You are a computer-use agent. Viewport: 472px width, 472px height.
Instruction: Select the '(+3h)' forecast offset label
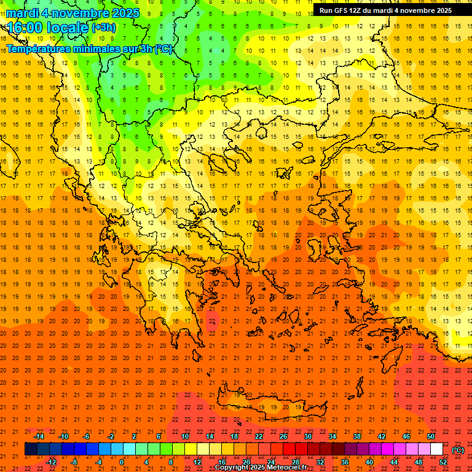coord(103,28)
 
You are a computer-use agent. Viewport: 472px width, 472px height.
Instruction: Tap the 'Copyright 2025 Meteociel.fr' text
coord(261,467)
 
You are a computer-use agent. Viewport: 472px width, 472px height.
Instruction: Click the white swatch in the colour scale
coord(436,449)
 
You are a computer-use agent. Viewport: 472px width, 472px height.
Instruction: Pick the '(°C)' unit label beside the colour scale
coord(458,450)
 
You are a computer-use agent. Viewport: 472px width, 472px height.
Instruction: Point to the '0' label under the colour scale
coord(122,462)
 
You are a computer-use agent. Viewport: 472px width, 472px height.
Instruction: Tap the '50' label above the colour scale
coord(431,436)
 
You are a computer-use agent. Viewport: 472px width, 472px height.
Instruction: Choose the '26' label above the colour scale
coord(283,436)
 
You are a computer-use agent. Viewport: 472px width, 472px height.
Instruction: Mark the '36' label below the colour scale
coord(345,462)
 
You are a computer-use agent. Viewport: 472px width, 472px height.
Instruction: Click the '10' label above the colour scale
coord(185,436)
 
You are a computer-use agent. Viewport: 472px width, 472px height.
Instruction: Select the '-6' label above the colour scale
coord(87,436)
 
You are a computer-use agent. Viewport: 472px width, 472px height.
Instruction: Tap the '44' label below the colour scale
coord(394,462)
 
